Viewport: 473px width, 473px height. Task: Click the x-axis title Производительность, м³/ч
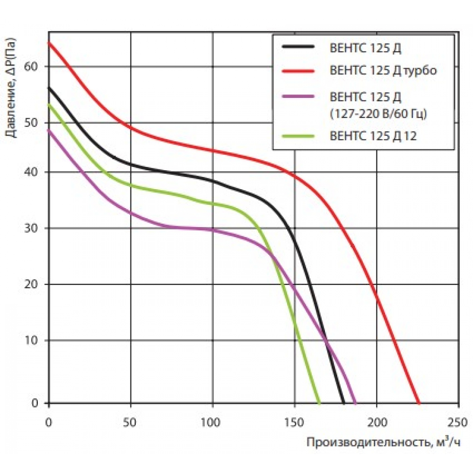point(383,443)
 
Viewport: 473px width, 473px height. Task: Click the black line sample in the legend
point(298,47)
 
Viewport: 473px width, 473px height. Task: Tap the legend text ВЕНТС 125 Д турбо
point(383,71)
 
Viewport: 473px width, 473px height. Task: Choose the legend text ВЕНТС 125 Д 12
point(374,136)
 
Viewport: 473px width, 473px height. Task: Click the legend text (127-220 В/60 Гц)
point(377,114)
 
